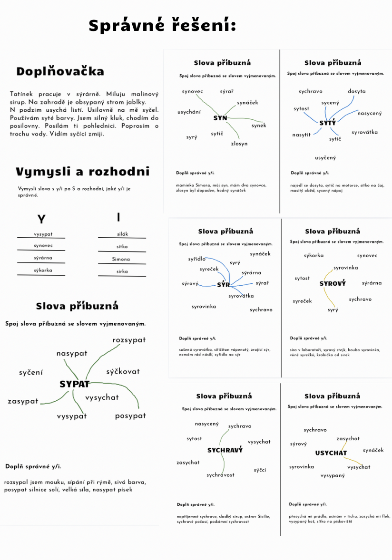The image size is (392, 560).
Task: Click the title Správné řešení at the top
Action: [x=162, y=26]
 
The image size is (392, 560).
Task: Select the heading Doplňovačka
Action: [x=60, y=72]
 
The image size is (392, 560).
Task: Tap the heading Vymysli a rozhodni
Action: [x=82, y=172]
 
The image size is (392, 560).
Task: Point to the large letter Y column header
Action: [x=42, y=219]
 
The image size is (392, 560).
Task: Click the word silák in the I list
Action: [x=123, y=234]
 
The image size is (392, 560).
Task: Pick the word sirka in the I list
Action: [x=122, y=271]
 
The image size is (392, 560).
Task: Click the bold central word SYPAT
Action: [x=75, y=384]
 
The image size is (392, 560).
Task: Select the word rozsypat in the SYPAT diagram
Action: [x=129, y=340]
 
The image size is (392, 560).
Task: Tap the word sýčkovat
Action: [x=123, y=371]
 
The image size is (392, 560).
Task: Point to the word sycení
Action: [x=31, y=373]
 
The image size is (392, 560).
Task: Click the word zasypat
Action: [x=23, y=401]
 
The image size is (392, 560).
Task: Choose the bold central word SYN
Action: [x=220, y=118]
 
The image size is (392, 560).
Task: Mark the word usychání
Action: [x=189, y=112]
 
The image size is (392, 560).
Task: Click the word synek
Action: [x=259, y=126]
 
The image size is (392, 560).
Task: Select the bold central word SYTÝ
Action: [x=328, y=123]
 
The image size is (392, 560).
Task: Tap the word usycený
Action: [x=325, y=158]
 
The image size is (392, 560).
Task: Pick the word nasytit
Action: [x=301, y=135]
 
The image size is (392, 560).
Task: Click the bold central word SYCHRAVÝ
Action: [x=225, y=450]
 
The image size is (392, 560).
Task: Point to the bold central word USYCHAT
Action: [x=331, y=453]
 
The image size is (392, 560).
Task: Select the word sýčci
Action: [x=260, y=470]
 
